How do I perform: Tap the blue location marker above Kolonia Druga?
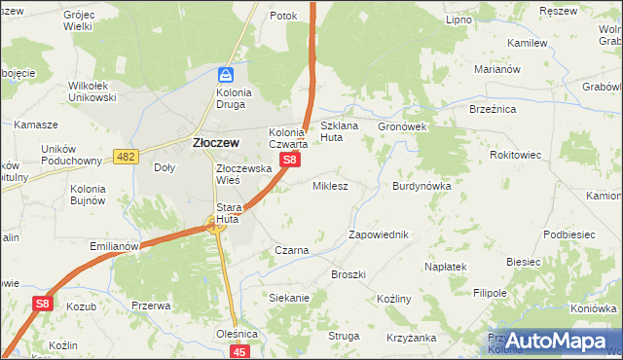click(226, 75)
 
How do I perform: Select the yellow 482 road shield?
click(126, 157)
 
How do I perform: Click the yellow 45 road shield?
click(241, 350)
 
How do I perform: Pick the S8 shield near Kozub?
click(42, 304)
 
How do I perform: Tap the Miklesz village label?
click(330, 185)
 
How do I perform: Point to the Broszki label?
click(348, 274)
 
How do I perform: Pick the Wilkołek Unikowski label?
click(92, 91)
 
